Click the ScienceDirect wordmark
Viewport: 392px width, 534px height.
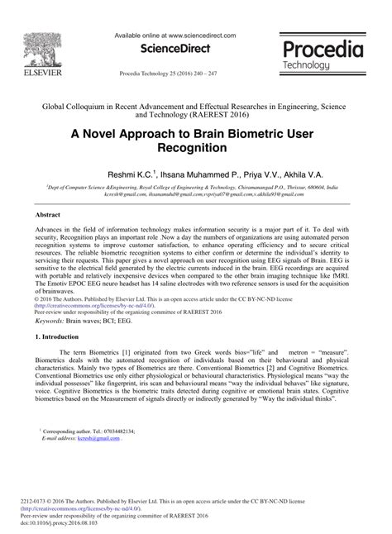click(175, 50)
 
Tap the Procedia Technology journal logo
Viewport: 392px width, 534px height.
click(323, 55)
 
